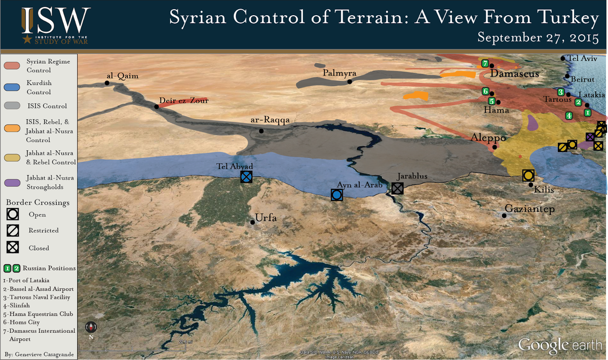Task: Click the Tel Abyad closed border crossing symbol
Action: (x=246, y=177)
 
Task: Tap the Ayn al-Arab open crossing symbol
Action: (x=336, y=194)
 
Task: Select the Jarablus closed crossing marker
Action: (x=398, y=188)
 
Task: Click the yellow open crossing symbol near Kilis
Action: (x=528, y=175)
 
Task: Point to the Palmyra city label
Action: (x=339, y=73)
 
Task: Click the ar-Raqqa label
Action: (x=270, y=121)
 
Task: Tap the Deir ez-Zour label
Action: (x=183, y=100)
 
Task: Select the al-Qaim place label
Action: (x=122, y=76)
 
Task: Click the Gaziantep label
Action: (x=530, y=209)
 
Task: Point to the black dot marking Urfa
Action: (x=253, y=222)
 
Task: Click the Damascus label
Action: (x=515, y=74)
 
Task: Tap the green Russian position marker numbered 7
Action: (x=485, y=63)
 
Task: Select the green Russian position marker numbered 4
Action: (x=569, y=115)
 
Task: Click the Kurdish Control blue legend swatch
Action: (x=13, y=87)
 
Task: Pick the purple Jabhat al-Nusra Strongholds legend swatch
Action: (x=13, y=182)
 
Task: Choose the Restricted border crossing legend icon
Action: (x=13, y=230)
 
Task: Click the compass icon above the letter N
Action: (x=91, y=327)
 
